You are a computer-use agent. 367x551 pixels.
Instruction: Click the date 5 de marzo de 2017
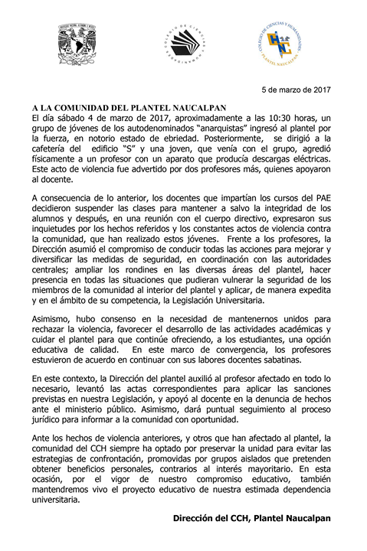click(296, 90)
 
